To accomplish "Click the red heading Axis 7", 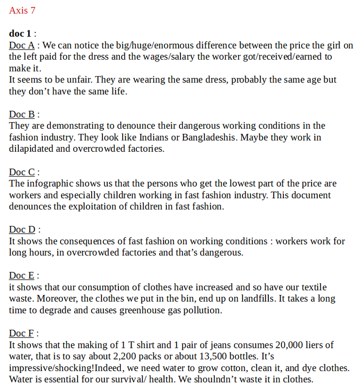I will pyautogui.click(x=22, y=10).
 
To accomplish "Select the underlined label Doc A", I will pyautogui.click(x=21, y=46).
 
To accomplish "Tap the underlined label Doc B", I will pyautogui.click(x=21, y=114).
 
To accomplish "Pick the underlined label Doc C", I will pyautogui.click(x=21, y=172).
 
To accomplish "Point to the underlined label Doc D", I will pyautogui.click(x=22, y=229).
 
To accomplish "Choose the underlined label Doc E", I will pyautogui.click(x=21, y=275).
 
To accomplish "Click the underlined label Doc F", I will pyautogui.click(x=21, y=333).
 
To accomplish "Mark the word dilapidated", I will pyautogui.click(x=31, y=149).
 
